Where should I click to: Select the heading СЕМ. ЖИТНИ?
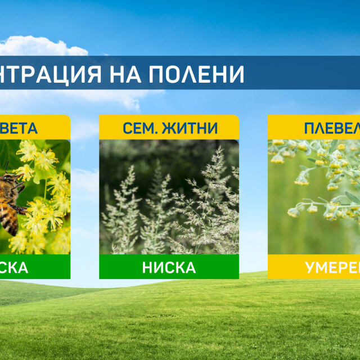click(169, 128)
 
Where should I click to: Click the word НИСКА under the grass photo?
click(169, 268)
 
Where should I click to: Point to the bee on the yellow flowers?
click(10, 200)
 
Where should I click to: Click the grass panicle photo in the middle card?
click(169, 197)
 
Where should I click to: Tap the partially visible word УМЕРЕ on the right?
click(332, 268)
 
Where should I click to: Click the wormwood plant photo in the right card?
click(314, 197)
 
